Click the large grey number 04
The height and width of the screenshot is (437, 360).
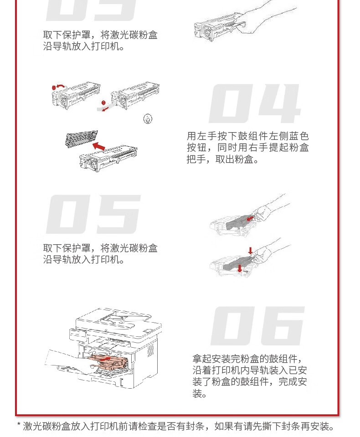[x=254, y=103]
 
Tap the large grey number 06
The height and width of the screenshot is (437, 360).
[x=258, y=326]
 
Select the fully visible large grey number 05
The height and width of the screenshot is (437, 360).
[x=93, y=214]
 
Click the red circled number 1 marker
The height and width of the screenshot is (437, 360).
[x=54, y=88]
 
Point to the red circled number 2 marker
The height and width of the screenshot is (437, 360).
[x=103, y=103]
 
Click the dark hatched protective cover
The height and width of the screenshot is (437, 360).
[x=82, y=139]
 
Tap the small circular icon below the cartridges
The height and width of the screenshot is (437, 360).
[x=148, y=119]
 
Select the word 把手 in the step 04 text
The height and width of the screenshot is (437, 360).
[x=196, y=159]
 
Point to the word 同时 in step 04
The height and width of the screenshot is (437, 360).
[x=227, y=148]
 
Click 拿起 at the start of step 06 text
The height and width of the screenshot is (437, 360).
[x=202, y=359]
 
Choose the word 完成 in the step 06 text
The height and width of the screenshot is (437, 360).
[x=288, y=381]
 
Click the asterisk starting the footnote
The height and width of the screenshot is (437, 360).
[x=19, y=425]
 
